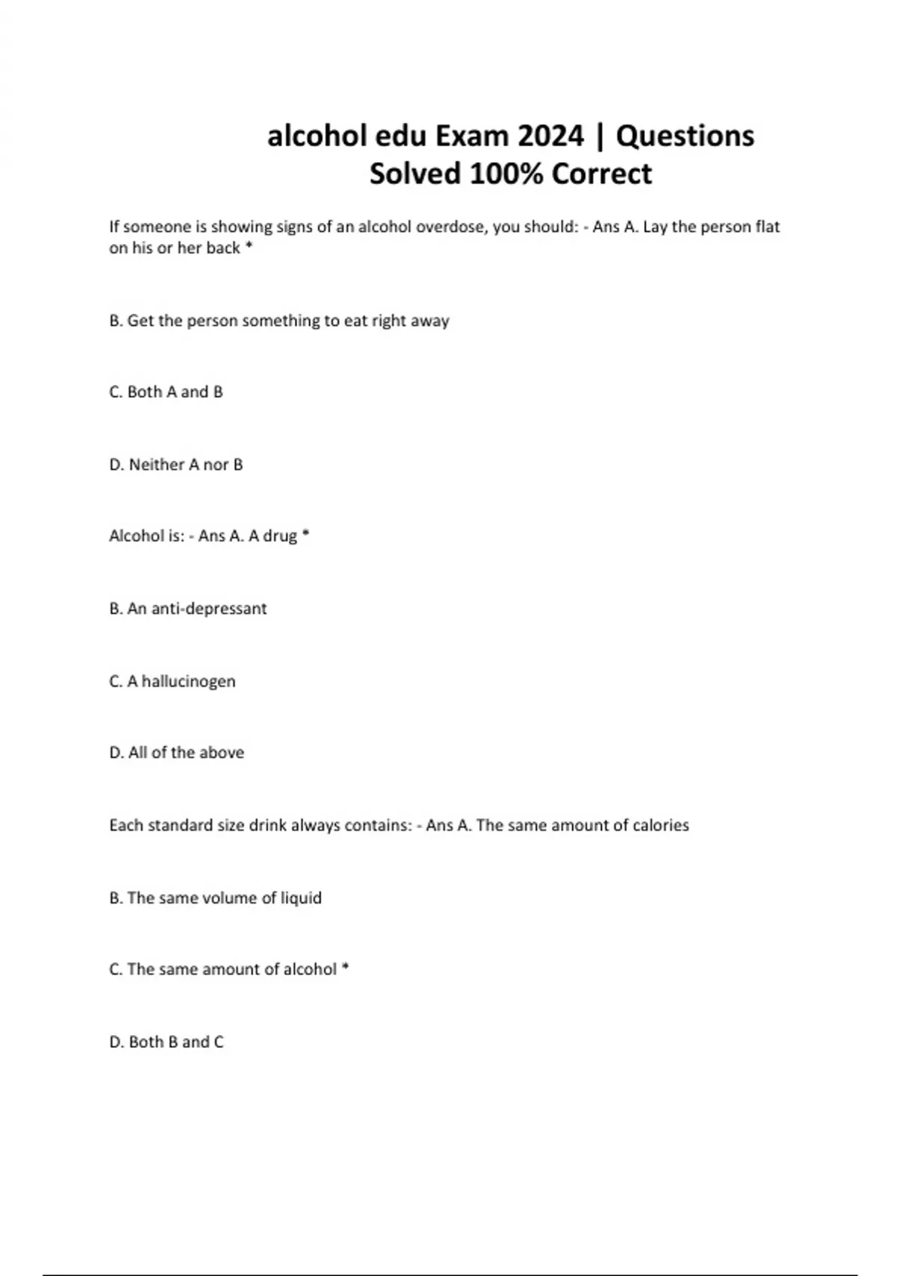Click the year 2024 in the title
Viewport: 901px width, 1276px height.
[550, 136]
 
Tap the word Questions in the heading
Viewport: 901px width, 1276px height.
[685, 136]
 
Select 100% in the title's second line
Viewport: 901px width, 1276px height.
[508, 174]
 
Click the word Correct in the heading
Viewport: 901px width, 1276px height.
[601, 174]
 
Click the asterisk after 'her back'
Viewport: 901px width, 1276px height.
[249, 246]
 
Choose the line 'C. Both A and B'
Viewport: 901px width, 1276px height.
[166, 392]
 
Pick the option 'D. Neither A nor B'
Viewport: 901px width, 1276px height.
[176, 465]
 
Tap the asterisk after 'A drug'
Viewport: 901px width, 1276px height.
[306, 534]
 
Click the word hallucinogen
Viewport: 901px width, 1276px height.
[188, 682]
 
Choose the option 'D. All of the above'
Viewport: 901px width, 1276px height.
[176, 752]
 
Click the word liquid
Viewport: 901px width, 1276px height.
[301, 898]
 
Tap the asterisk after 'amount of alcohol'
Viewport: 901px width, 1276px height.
[345, 968]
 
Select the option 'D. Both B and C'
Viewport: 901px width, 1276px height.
[166, 1042]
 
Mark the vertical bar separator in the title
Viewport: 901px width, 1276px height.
[599, 136]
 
